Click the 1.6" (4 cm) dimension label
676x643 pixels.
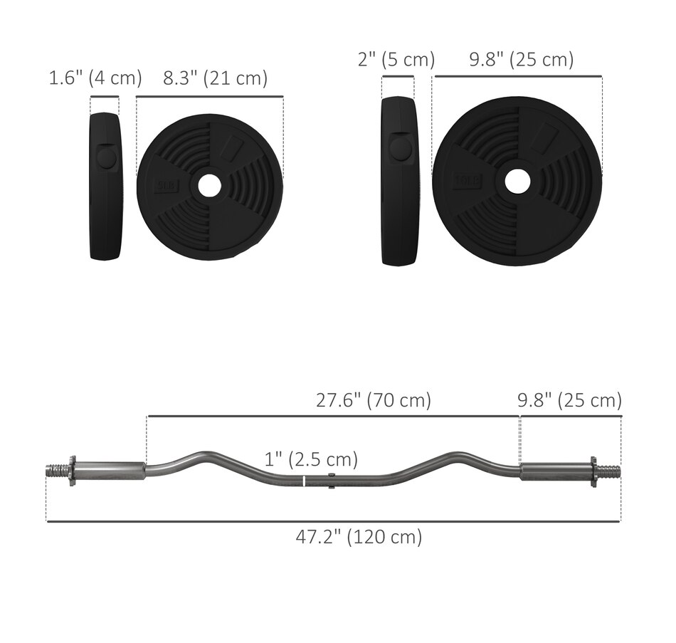pos(95,78)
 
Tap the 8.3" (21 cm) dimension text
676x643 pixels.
pos(215,78)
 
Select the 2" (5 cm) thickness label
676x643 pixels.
pos(396,60)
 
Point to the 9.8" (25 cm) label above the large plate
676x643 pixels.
pos(521,60)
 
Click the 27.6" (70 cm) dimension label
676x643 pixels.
pos(374,400)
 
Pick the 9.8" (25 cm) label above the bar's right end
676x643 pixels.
pos(569,400)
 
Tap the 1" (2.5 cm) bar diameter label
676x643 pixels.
pos(311,459)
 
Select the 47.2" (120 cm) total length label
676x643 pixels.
pos(359,536)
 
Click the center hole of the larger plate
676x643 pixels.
pos(517,180)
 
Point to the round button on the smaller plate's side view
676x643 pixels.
pos(107,157)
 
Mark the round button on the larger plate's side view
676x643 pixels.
pos(400,148)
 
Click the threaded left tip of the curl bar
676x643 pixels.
pos(56,471)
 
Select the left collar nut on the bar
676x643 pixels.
pos(72,471)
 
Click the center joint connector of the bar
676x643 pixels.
pos(332,480)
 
